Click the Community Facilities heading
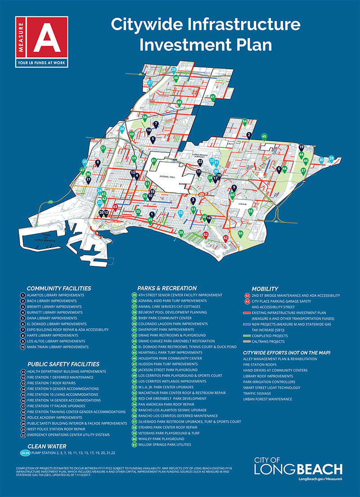(x=58, y=288)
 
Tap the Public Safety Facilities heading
(x=63, y=364)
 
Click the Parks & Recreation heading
(x=166, y=288)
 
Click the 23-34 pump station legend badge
(x=26, y=453)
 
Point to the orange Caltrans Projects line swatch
(x=247, y=341)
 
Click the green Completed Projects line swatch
(x=247, y=335)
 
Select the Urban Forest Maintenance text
(x=268, y=399)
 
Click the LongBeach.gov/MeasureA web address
(x=320, y=479)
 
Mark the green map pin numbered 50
(x=240, y=234)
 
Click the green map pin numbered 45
(x=264, y=136)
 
